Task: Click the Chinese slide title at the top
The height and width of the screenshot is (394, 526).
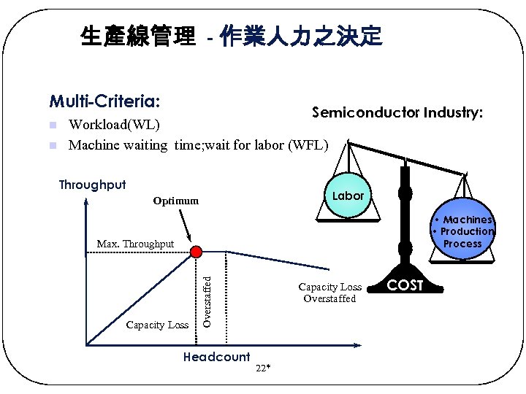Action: pyautogui.click(x=231, y=36)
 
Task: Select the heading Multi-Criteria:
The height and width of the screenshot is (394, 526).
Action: pyautogui.click(x=104, y=99)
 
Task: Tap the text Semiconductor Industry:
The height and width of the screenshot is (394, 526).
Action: pyautogui.click(x=397, y=112)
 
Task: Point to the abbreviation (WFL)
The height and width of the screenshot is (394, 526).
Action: pyautogui.click(x=310, y=144)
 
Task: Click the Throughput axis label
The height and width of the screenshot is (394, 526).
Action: pyautogui.click(x=92, y=185)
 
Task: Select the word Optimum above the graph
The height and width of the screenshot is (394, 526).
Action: pyautogui.click(x=175, y=201)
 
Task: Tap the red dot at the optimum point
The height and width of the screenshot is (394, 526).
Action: pyautogui.click(x=196, y=252)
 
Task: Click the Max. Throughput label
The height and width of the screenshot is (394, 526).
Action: pyautogui.click(x=135, y=244)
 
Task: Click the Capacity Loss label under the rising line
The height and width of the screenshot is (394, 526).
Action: pyautogui.click(x=157, y=325)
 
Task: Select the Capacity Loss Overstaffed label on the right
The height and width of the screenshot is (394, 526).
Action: pyautogui.click(x=329, y=293)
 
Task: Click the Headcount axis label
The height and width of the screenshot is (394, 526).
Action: pyautogui.click(x=216, y=357)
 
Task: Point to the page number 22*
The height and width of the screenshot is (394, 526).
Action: pyautogui.click(x=264, y=368)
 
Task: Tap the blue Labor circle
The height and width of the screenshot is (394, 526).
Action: pyautogui.click(x=348, y=196)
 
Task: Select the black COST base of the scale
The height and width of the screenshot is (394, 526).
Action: pyautogui.click(x=405, y=285)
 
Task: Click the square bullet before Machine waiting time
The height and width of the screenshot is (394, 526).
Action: pyautogui.click(x=53, y=145)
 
